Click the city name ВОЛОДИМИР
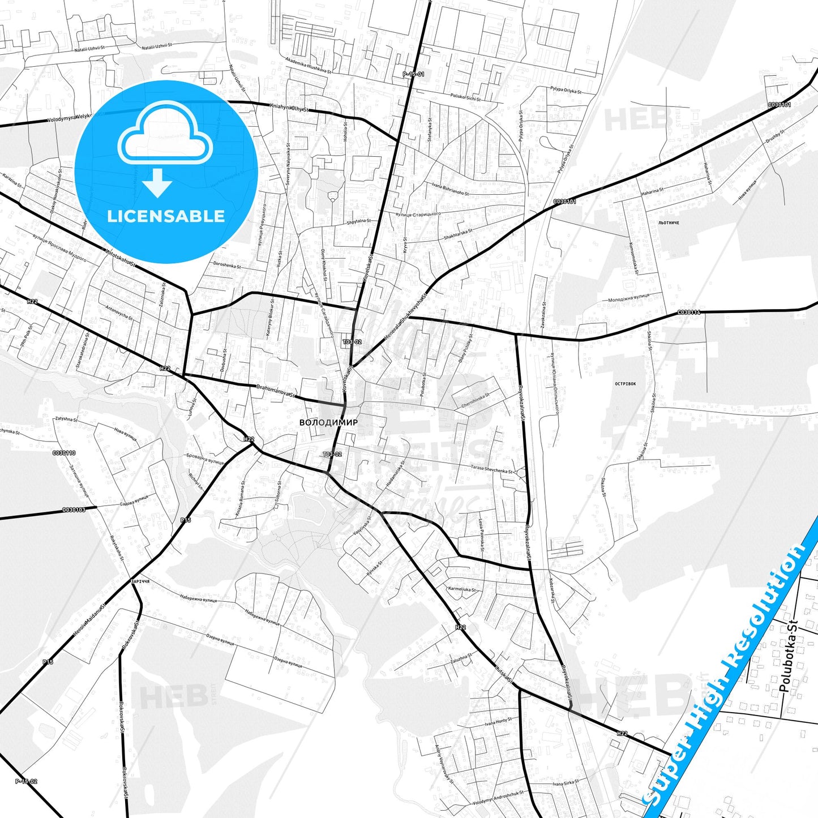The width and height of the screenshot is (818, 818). pos(328,422)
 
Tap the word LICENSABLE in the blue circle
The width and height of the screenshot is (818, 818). pos(166,216)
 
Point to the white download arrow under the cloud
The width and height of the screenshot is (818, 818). pos(157,183)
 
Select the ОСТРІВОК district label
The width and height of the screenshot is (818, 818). pos(625,384)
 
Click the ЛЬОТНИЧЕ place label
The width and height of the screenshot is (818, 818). pos(669,223)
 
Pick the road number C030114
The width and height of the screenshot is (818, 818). pos(689,312)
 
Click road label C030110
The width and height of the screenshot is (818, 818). pos(64,453)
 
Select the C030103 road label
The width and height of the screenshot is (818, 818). pos(74,510)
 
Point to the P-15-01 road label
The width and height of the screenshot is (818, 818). pos(413,74)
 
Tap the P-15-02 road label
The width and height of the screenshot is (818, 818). pos(26,781)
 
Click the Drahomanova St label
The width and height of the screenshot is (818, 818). pos(275,391)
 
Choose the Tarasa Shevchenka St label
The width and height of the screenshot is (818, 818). pos(491,469)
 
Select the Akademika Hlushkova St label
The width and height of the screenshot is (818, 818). pos(309,67)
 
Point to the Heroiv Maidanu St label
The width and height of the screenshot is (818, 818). pos(90,619)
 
